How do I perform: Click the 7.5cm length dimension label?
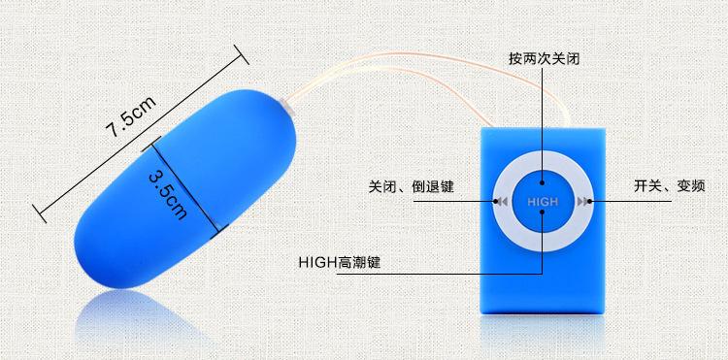click(x=131, y=116)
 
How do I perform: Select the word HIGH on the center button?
click(x=543, y=202)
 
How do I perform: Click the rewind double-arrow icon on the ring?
click(x=502, y=202)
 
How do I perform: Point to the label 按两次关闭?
click(x=545, y=59)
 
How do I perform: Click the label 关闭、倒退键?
click(x=411, y=186)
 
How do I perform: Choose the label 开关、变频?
click(x=670, y=186)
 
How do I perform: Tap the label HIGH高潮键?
click(x=340, y=263)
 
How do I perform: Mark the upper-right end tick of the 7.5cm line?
click(x=242, y=54)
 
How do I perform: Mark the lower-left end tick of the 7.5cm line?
click(x=39, y=213)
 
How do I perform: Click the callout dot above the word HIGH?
click(x=543, y=185)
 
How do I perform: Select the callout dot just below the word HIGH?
click(x=543, y=212)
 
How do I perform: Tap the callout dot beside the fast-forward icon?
click(x=589, y=201)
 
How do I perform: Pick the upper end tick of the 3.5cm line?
click(x=151, y=144)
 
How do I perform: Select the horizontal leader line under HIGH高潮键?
click(x=439, y=274)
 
